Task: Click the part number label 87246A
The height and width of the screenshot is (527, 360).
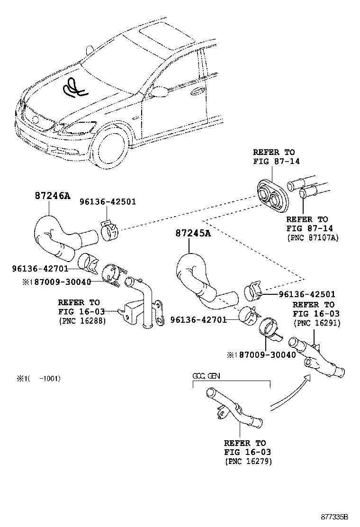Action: (52, 196)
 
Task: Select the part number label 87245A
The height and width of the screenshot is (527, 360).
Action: (193, 234)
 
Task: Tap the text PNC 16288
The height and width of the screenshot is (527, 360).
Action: (82, 321)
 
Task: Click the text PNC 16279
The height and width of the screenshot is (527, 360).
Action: (248, 461)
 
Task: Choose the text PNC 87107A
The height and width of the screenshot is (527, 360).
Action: (313, 237)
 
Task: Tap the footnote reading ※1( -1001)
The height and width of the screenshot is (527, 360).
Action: (38, 378)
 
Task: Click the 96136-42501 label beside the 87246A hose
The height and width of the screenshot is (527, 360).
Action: (108, 201)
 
